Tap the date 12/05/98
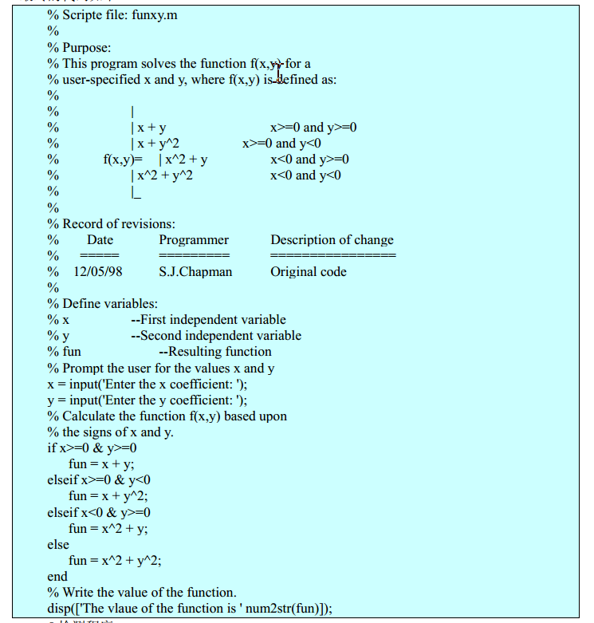tap(98, 272)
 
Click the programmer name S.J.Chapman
tap(195, 272)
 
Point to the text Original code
tap(309, 272)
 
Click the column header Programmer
tap(194, 240)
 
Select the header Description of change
tap(332, 240)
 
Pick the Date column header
tap(100, 240)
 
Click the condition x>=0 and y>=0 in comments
tap(313, 128)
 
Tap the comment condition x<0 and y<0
tap(305, 175)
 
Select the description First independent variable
tap(208, 320)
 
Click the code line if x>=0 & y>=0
tap(92, 448)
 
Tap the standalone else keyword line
tap(58, 544)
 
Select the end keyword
tap(57, 576)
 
